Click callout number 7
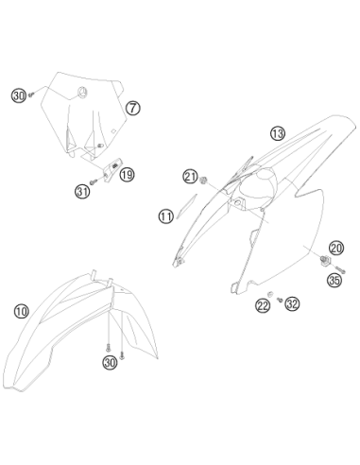point(133,108)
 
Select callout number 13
point(278,133)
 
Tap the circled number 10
point(22,312)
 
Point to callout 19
point(127,174)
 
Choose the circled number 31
point(82,191)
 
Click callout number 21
point(190,177)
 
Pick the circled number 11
point(166,216)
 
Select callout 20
point(336,249)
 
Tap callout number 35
point(334,280)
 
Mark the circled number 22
point(263,305)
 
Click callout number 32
point(292,304)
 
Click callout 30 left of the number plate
point(19,95)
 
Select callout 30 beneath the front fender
point(110,363)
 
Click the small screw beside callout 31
point(94,181)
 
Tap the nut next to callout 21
point(203,180)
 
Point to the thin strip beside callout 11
point(186,206)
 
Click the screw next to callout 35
point(341,269)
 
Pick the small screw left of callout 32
point(280,300)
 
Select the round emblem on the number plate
point(82,93)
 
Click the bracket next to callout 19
point(112,169)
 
